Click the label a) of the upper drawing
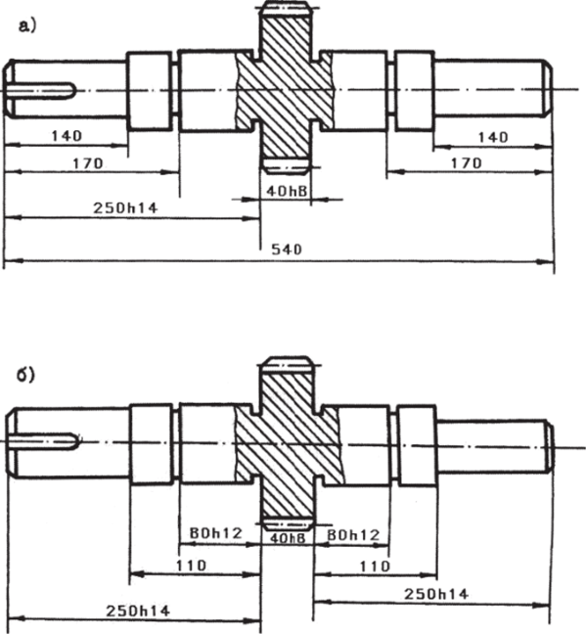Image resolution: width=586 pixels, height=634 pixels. point(27,26)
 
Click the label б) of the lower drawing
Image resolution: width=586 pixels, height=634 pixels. point(25,375)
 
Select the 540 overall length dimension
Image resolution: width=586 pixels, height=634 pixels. point(287,249)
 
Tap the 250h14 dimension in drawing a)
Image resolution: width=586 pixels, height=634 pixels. point(125,207)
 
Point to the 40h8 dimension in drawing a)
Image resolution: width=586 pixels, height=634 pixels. point(286,191)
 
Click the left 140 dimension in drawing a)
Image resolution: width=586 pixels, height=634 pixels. point(67,135)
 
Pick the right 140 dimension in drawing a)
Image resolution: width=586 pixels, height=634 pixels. point(493,138)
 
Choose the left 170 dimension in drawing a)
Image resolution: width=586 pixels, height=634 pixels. point(88,163)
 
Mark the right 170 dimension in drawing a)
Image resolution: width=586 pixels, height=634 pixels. point(467,163)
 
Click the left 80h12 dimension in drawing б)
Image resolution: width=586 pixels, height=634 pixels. point(215,533)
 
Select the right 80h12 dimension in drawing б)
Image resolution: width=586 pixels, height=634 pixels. point(353,535)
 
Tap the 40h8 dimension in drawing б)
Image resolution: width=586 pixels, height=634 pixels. point(287,538)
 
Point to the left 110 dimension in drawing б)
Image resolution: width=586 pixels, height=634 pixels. point(192,565)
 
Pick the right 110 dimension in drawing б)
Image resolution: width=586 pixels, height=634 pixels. point(375,566)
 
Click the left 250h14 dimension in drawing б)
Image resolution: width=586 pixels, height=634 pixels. point(138,611)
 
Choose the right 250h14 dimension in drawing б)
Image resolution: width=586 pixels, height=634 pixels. point(436,594)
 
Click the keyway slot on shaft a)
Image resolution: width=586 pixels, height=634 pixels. point(41,91)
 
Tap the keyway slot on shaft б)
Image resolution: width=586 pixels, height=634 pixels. point(44,441)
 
